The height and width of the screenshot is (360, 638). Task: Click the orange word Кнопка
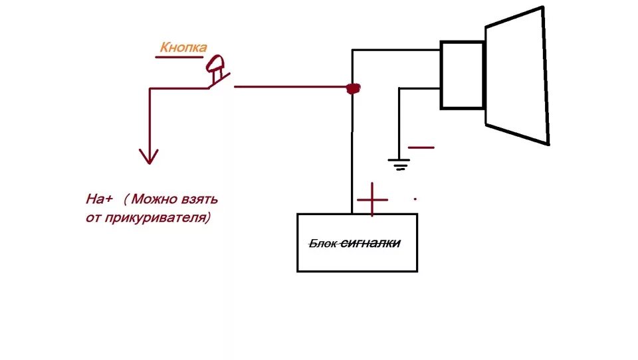pyautogui.click(x=183, y=47)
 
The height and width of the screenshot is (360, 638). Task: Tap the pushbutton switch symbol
pyautogui.click(x=217, y=72)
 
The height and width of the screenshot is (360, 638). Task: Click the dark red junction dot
pyautogui.click(x=354, y=88)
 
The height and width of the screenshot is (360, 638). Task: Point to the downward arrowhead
pyautogui.click(x=149, y=157)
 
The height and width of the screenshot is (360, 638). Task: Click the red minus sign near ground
pyautogui.click(x=421, y=147)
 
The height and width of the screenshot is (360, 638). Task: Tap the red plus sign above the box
pyautogui.click(x=372, y=199)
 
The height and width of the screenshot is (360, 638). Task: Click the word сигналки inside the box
pyautogui.click(x=370, y=244)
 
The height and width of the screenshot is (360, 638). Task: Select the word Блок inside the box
pyautogui.click(x=324, y=244)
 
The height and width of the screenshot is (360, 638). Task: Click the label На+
pyautogui.click(x=100, y=199)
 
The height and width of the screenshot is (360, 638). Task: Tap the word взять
pyautogui.click(x=200, y=199)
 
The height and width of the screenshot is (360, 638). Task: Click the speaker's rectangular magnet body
pyautogui.click(x=463, y=75)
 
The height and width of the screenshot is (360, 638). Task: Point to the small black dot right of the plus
pyautogui.click(x=416, y=198)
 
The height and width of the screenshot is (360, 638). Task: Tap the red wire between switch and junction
pyautogui.click(x=292, y=86)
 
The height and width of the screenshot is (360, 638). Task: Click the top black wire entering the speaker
pyautogui.click(x=396, y=50)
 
